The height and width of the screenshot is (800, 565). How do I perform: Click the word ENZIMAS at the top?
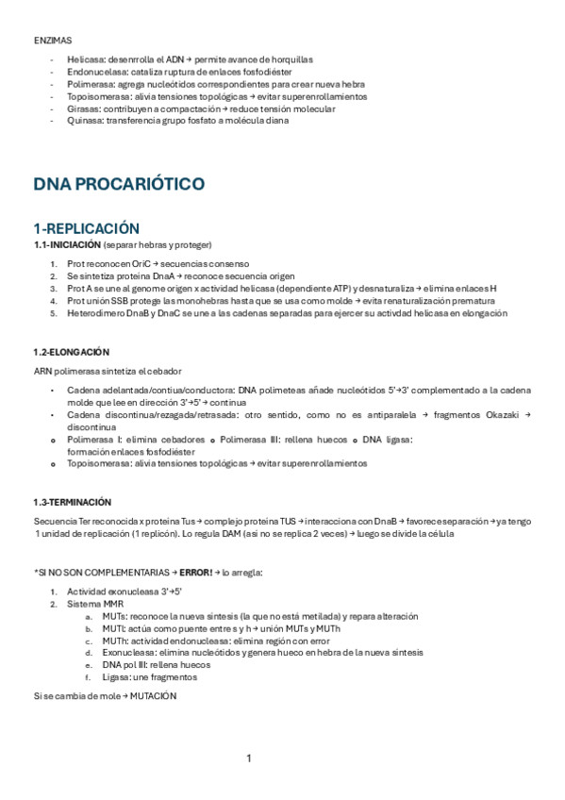pyautogui.click(x=52, y=40)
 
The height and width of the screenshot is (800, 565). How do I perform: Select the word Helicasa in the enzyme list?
pyautogui.click(x=84, y=58)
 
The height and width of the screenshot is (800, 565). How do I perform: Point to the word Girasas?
pyautogui.click(x=82, y=108)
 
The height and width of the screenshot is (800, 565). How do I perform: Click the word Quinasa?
pyautogui.click(x=84, y=121)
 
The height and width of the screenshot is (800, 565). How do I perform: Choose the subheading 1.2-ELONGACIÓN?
pyautogui.click(x=71, y=351)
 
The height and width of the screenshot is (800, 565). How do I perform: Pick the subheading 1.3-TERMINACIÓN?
pyautogui.click(x=72, y=501)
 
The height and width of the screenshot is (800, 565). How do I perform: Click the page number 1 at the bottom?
pyautogui.click(x=249, y=758)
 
